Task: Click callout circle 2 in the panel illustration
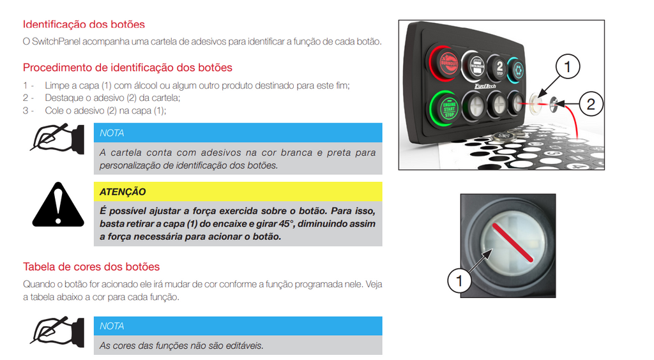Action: click(x=590, y=104)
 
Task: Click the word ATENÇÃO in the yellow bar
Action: click(x=123, y=191)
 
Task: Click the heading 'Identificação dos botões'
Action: click(x=84, y=25)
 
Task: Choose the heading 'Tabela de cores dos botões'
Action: click(x=91, y=267)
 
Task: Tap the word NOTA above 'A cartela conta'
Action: click(x=112, y=133)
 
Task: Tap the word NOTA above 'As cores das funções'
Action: click(x=112, y=326)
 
